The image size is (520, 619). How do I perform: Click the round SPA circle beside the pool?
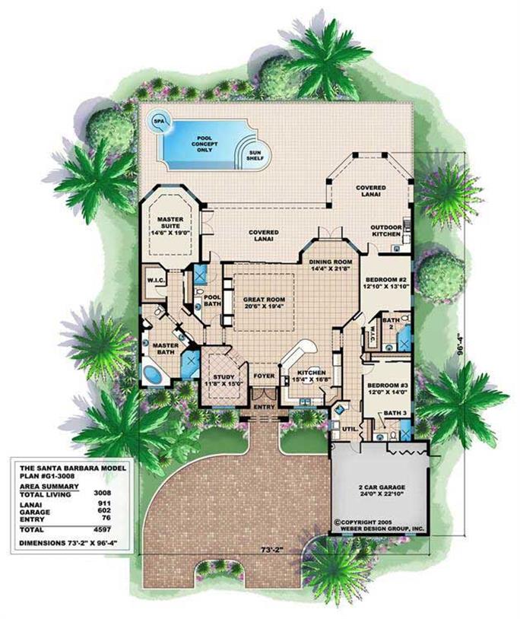click(x=159, y=121)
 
